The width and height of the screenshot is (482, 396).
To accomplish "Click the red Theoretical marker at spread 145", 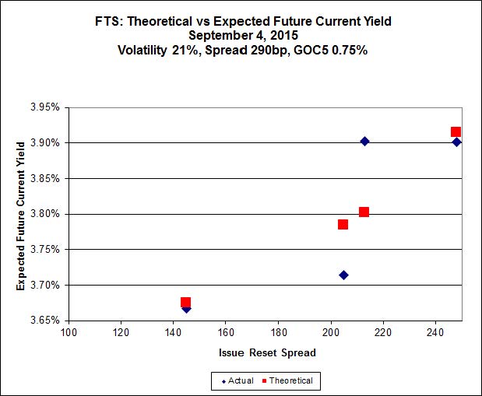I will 185,303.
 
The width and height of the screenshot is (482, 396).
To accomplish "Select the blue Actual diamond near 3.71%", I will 343,275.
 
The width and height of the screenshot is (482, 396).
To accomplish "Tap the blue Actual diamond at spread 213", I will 364,141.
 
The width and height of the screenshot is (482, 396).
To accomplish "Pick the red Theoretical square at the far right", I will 456,132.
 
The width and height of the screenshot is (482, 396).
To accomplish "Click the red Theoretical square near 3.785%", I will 343,225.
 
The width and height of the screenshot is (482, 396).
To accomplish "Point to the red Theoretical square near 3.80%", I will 364,212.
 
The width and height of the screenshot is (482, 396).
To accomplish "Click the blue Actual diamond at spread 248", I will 456,142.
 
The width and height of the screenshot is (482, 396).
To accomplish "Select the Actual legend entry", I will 237,380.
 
